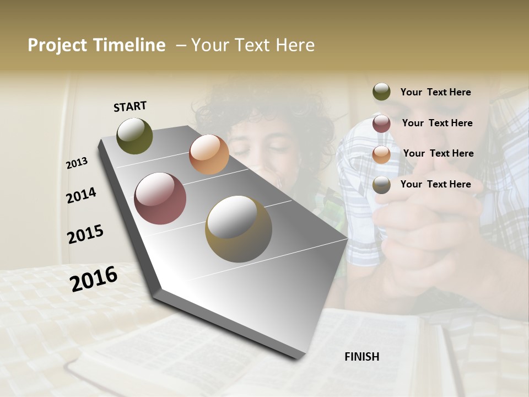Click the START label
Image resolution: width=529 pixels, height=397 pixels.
130,106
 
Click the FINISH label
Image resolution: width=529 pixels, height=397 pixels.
361,356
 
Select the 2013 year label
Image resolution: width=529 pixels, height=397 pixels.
77,163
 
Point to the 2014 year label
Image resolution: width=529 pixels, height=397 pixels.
81,196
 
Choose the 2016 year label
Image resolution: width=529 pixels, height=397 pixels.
94,279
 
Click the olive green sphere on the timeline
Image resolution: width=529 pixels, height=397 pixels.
134,136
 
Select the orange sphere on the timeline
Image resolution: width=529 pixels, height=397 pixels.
209,154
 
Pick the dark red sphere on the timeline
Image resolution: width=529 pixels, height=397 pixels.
160,198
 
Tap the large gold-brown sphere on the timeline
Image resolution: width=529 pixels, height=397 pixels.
239,229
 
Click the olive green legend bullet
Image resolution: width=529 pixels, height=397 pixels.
381,92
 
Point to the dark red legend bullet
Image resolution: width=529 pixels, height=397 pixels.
381,123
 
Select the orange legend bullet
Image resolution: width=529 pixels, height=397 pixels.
381,154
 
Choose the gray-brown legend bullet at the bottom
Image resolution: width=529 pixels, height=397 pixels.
381,184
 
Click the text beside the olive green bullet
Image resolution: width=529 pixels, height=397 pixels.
435,92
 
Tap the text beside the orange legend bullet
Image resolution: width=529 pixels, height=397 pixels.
438,153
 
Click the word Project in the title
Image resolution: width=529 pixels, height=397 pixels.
57,45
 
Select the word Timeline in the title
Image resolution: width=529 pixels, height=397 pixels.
129,45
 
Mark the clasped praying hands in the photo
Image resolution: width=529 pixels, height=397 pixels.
419,221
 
